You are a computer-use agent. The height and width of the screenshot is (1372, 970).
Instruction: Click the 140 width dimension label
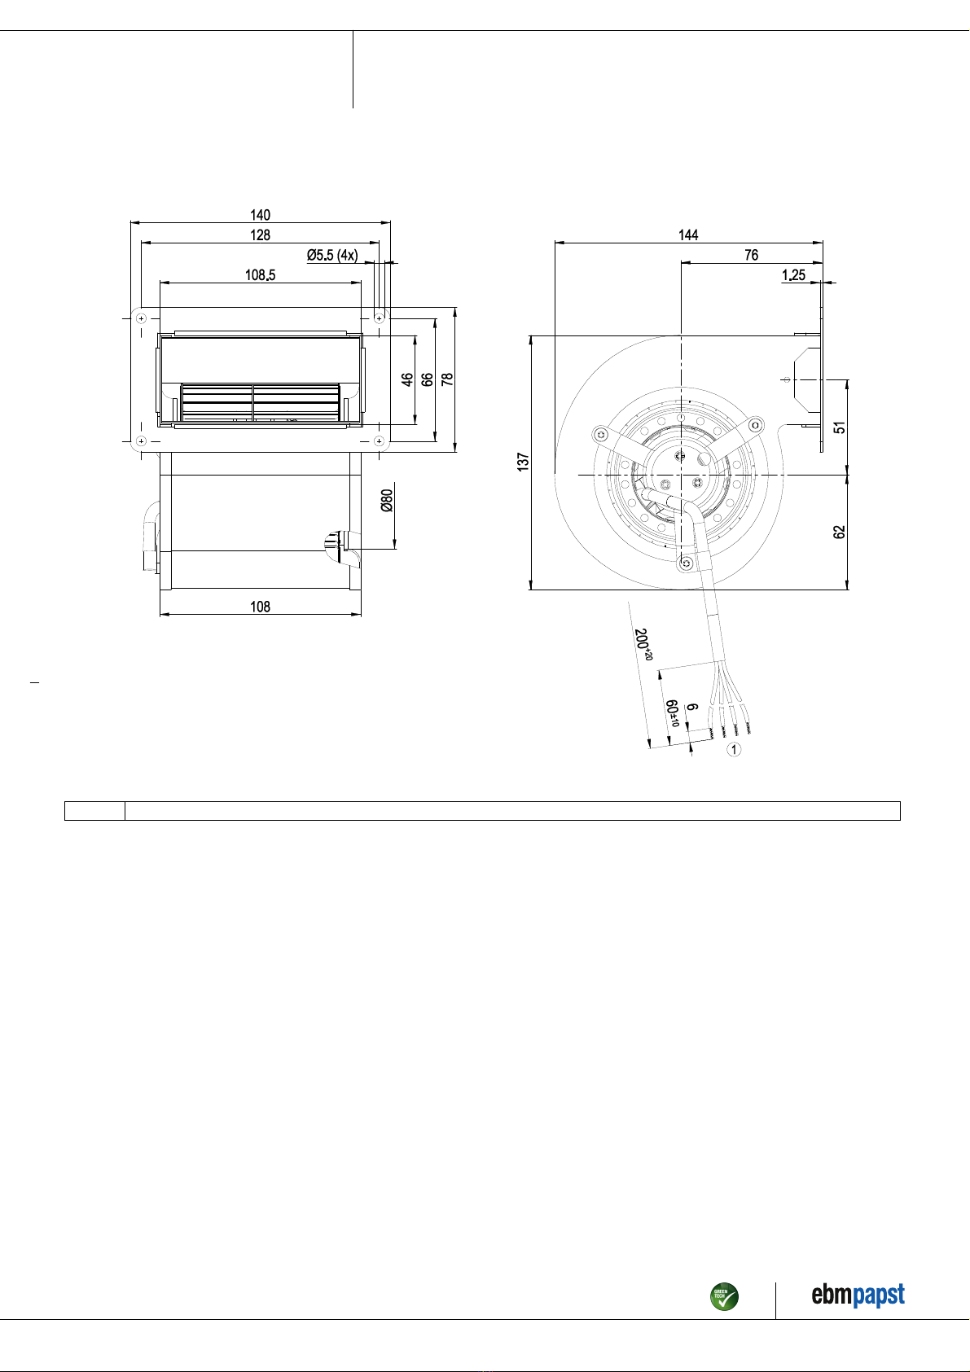(x=260, y=215)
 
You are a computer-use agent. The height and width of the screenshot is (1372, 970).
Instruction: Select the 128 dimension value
(x=260, y=235)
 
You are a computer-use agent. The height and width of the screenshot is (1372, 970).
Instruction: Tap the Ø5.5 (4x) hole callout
(x=332, y=255)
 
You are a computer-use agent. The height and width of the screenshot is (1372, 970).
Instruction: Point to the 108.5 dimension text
(x=260, y=275)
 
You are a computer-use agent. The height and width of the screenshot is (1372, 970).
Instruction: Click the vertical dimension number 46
(x=407, y=379)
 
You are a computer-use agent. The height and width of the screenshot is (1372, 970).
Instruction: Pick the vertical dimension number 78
(x=447, y=379)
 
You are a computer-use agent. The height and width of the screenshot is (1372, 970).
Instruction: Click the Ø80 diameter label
(x=387, y=501)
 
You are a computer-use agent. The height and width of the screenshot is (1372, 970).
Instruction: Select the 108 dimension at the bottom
(x=260, y=607)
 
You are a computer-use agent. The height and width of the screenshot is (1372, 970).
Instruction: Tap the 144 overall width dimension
(x=688, y=235)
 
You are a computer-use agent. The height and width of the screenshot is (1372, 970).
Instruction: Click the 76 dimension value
(x=751, y=255)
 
